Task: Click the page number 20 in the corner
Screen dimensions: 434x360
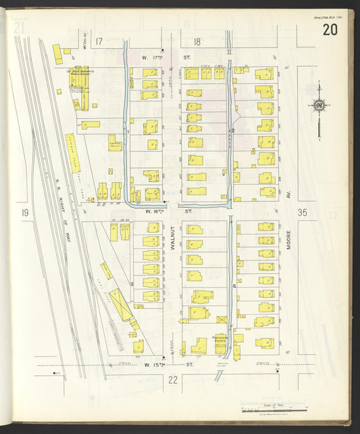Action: [x=330, y=30]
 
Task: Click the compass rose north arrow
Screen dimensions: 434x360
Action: [x=318, y=105]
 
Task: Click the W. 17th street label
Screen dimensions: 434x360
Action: [x=157, y=57]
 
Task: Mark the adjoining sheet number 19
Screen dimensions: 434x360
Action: [x=24, y=213]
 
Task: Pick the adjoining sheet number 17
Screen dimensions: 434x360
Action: [x=99, y=43]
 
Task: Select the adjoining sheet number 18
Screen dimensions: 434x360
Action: [x=197, y=43]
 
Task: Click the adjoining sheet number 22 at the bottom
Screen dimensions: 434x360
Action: [x=173, y=379]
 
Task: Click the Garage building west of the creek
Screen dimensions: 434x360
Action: [x=115, y=142]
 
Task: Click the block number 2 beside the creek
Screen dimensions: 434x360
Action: [x=233, y=130]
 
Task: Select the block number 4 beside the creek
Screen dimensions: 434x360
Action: [x=234, y=286]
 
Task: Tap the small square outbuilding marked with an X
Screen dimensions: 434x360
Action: [x=222, y=318]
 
